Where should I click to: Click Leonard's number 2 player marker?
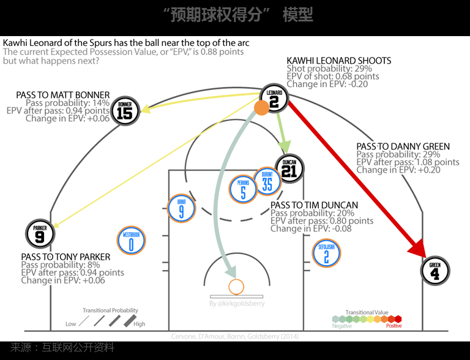coord(274,99)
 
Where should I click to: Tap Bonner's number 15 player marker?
coord(124,110)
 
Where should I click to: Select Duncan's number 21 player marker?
coord(289,168)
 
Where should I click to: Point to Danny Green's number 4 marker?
coord(435,271)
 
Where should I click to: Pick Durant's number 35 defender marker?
coord(266,181)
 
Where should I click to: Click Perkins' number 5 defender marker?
coord(243,190)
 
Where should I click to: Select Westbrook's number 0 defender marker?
coord(132,241)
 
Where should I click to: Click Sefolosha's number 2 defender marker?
coord(326,253)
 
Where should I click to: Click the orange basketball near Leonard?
coord(261,108)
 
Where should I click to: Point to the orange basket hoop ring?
coord(236,286)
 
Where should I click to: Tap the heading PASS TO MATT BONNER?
coord(63,95)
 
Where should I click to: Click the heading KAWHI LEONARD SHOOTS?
coord(339,61)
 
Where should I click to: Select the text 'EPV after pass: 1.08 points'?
coord(408,162)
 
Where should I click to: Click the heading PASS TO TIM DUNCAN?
coord(314,205)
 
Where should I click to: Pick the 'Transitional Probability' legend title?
coord(110,310)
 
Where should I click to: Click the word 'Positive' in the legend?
coord(394,326)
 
